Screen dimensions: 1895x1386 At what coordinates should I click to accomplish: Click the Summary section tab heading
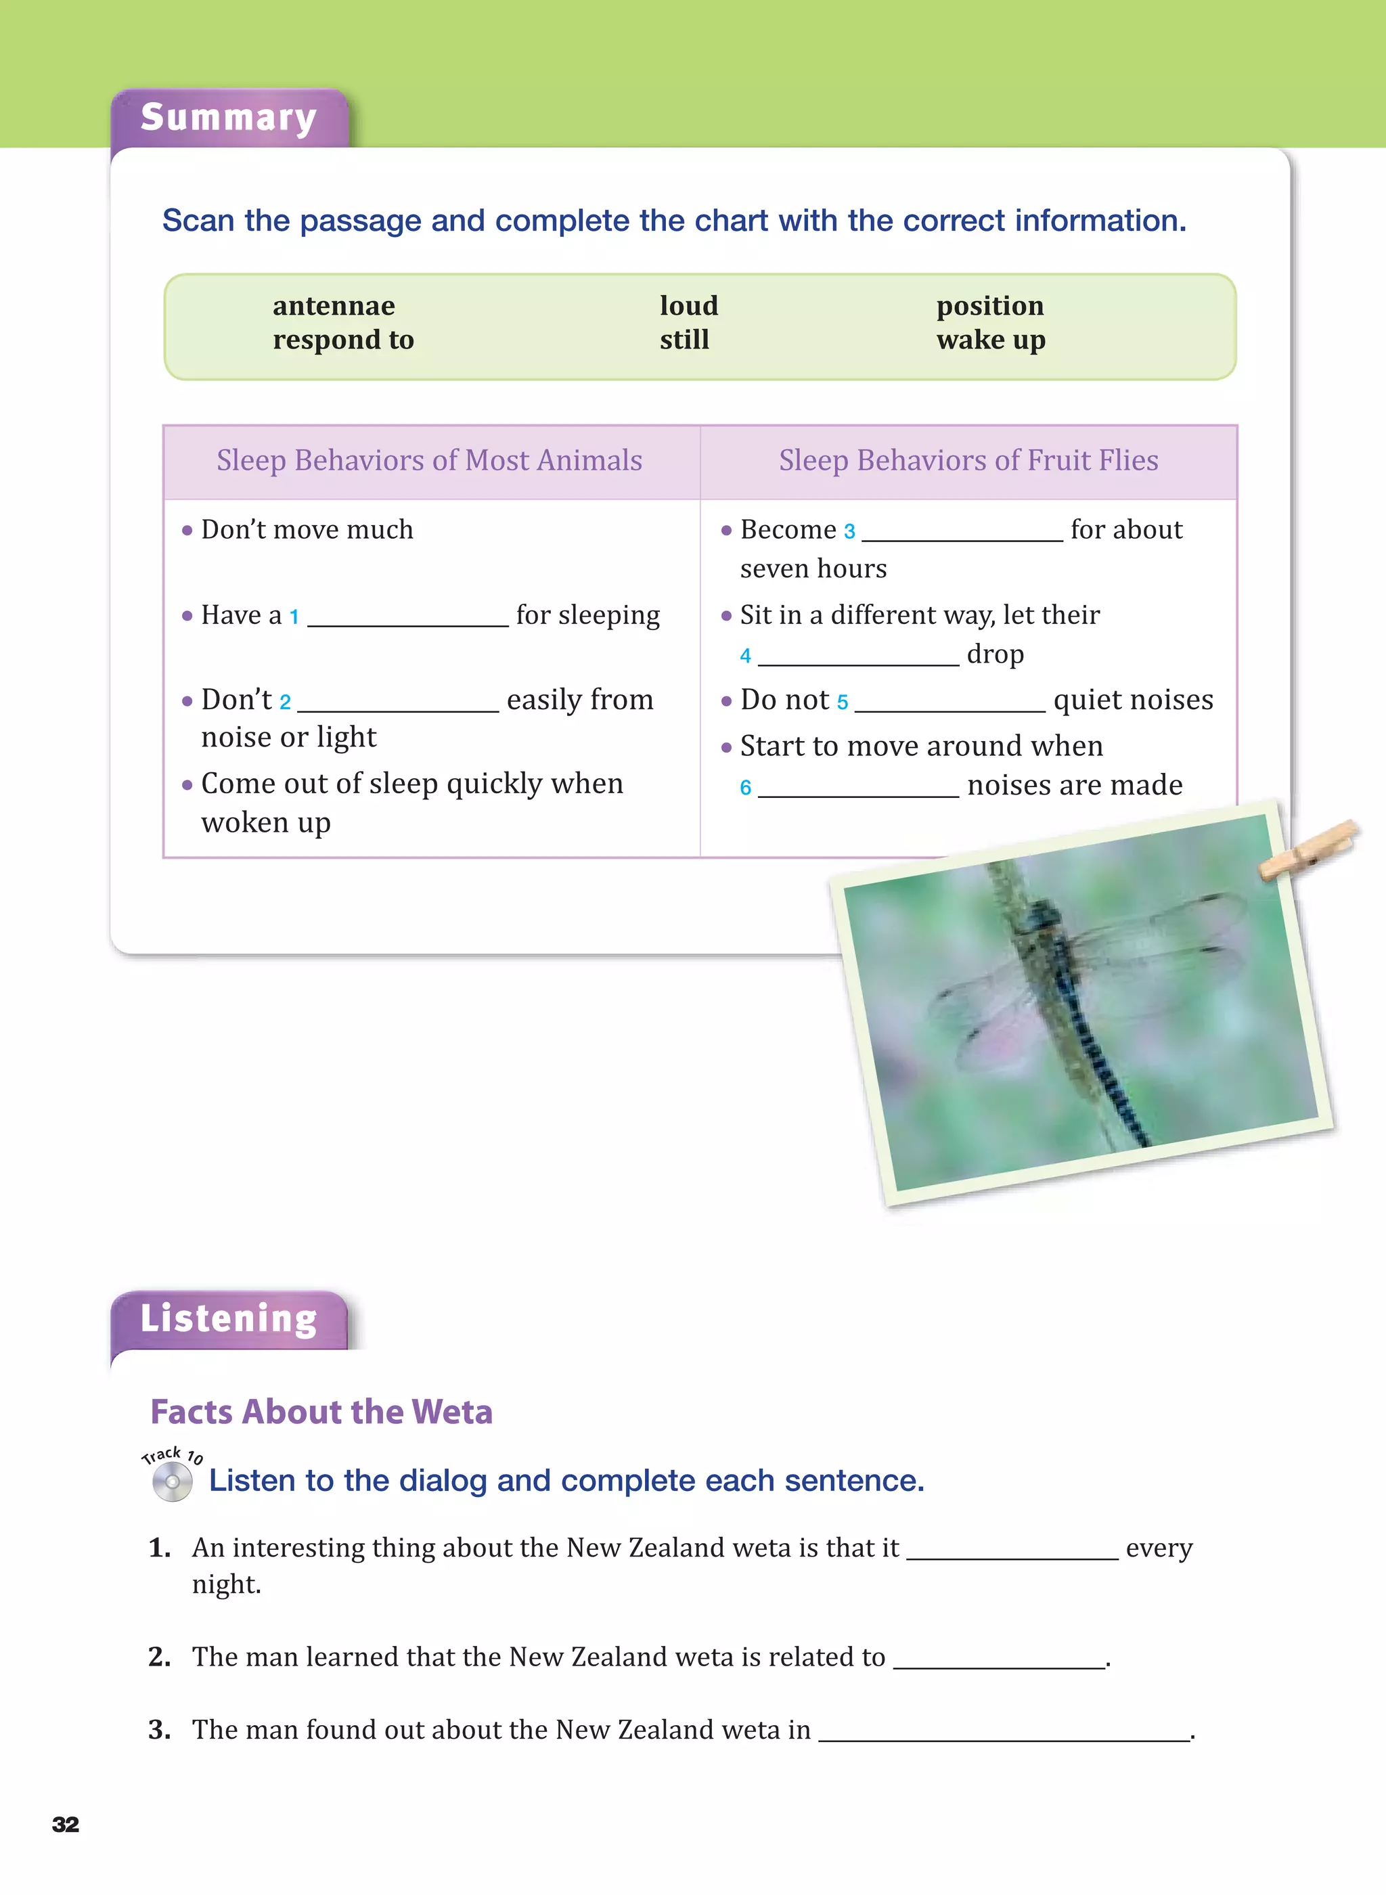pyautogui.click(x=228, y=118)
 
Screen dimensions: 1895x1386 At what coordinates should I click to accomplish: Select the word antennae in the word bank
pyautogui.click(x=333, y=306)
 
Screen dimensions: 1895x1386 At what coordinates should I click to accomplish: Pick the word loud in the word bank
pyautogui.click(x=689, y=306)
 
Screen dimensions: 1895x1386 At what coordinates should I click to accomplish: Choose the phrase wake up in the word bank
pyautogui.click(x=991, y=340)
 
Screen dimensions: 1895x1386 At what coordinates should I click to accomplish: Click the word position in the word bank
pyautogui.click(x=990, y=306)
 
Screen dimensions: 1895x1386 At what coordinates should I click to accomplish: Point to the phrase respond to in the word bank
pyautogui.click(x=343, y=340)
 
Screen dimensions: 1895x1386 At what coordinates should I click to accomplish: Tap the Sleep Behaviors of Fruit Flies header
pyautogui.click(x=968, y=460)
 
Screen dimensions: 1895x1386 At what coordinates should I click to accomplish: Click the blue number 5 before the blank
pyautogui.click(x=843, y=702)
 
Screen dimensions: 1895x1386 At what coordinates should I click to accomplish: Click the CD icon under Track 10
pyautogui.click(x=172, y=1482)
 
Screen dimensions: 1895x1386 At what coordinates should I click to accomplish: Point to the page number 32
pyautogui.click(x=66, y=1824)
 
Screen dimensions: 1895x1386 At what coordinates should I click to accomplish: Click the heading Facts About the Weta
pyautogui.click(x=321, y=1412)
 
